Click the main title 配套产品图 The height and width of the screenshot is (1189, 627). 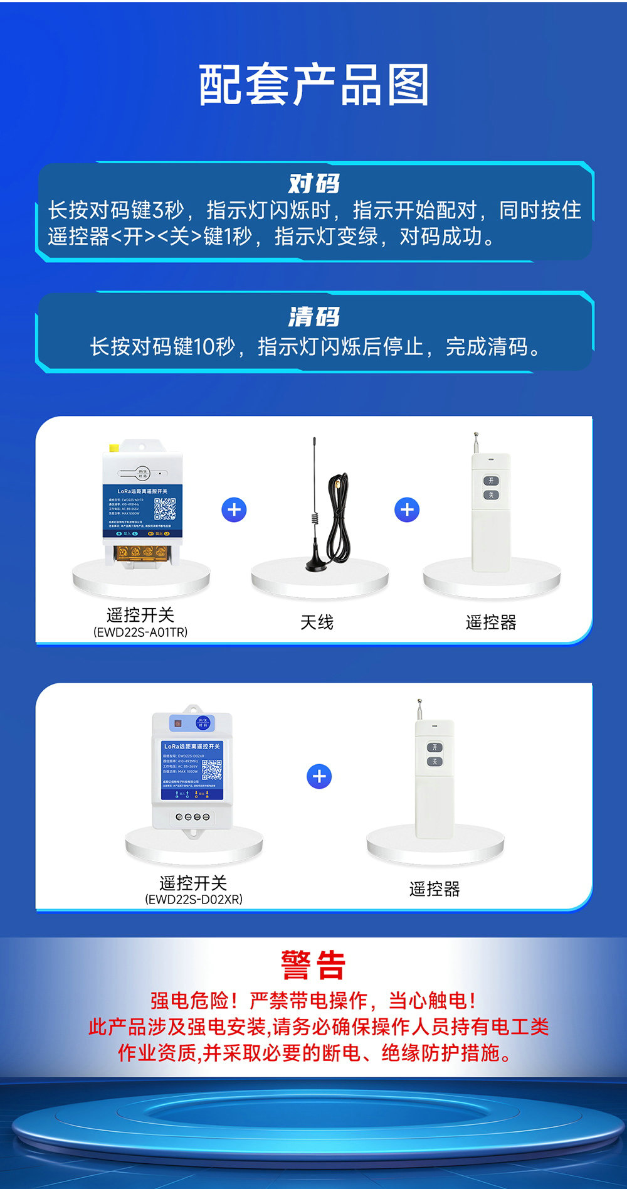click(313, 85)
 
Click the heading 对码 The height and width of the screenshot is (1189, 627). click(313, 184)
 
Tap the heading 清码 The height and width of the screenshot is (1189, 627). click(313, 317)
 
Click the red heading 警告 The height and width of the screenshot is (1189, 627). click(313, 965)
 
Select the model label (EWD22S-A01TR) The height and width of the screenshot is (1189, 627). click(140, 632)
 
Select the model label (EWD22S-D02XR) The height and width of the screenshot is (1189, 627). click(194, 899)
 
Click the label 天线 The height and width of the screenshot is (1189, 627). click(317, 622)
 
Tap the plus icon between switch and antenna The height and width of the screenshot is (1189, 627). click(234, 509)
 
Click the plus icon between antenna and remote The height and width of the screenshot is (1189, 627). click(407, 509)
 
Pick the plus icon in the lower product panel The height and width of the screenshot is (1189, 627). click(319, 777)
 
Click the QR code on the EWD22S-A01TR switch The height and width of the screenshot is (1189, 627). click(165, 509)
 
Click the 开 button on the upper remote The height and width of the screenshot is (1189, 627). click(491, 481)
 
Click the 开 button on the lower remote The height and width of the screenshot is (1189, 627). click(435, 747)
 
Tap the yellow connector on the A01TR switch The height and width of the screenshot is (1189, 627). click(114, 447)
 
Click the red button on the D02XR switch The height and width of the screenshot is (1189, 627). click(178, 723)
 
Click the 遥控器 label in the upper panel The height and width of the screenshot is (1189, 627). click(491, 622)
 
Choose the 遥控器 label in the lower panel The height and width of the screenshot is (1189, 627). click(435, 889)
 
